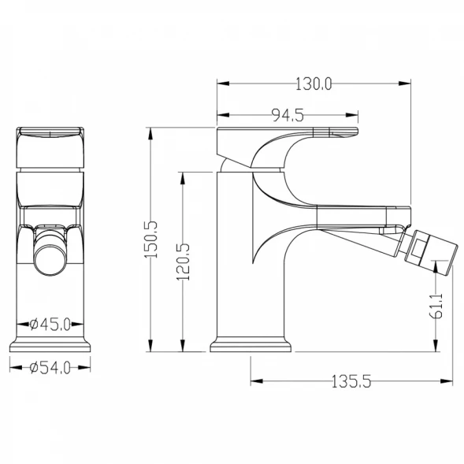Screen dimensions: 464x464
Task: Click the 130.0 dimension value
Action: pos(314,84)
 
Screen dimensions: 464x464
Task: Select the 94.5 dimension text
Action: pos(288,115)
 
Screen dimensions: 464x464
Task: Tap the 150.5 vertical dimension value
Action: pos(150,239)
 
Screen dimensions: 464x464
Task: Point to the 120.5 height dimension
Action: pos(183,262)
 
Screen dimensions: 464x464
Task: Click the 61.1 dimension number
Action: pos(436,306)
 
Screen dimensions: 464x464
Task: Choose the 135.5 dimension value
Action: pos(351,381)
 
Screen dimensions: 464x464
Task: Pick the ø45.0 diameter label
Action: pos(50,325)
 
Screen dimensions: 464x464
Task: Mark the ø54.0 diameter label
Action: pos(50,368)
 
